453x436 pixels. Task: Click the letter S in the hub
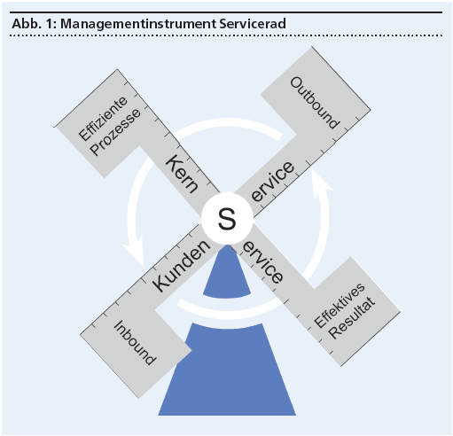click(227, 219)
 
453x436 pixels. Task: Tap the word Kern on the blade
click(182, 174)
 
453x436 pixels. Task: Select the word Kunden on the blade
click(181, 265)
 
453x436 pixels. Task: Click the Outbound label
click(315, 103)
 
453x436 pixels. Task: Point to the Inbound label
click(135, 343)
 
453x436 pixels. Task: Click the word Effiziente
click(103, 118)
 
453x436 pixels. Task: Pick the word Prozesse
click(115, 131)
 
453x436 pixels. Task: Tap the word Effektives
click(340, 305)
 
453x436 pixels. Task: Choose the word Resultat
click(352, 317)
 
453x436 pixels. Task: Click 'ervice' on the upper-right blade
click(272, 182)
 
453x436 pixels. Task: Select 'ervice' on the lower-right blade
click(262, 264)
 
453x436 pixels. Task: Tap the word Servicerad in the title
click(253, 23)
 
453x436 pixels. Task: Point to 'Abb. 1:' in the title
click(34, 23)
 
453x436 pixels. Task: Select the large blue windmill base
click(227, 370)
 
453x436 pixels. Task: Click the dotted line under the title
click(226, 35)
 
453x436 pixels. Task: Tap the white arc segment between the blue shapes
click(228, 310)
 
